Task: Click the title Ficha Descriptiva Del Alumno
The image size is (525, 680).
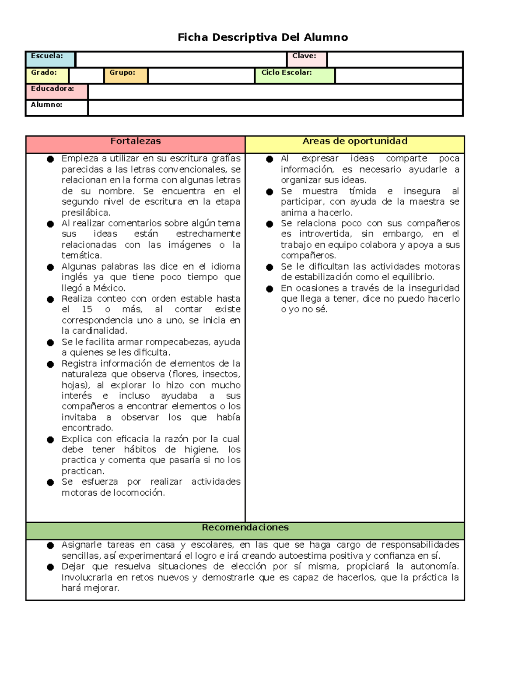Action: tap(262, 37)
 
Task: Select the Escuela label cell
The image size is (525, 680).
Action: tap(50, 59)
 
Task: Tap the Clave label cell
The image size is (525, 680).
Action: tap(307, 59)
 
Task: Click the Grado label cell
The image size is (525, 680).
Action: tap(47, 75)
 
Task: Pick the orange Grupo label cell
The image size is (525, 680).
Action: tap(126, 75)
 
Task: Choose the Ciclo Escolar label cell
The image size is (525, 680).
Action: tap(294, 75)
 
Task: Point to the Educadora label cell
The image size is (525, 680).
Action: tap(56, 92)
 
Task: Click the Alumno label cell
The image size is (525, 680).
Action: tap(56, 108)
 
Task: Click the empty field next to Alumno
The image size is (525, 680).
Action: tap(275, 108)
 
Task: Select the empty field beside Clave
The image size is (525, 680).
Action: tap(395, 59)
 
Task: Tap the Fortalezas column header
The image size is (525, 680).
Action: tap(135, 141)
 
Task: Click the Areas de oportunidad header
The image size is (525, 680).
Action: tap(355, 141)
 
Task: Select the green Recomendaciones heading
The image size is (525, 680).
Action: tap(245, 528)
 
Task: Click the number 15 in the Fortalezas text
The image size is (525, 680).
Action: tap(87, 310)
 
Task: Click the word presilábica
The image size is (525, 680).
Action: tap(86, 213)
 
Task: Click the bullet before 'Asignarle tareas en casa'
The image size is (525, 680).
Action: tap(50, 546)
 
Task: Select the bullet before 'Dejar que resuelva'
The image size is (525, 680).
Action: tap(50, 567)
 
